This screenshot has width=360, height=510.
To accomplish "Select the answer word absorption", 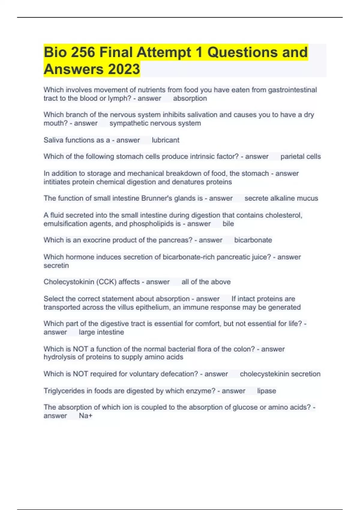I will tap(190, 98).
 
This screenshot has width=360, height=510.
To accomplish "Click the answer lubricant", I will tap(165, 140).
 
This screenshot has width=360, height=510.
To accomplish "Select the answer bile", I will tap(228, 224).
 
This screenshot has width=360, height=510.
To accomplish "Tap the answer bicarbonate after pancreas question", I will tap(253, 240).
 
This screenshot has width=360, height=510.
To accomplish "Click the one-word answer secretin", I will tap(56, 265).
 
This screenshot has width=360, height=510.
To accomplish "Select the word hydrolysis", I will tap(59, 357).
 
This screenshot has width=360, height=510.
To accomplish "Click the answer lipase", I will tap(266, 391).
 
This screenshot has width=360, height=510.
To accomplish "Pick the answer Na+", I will tap(85, 416).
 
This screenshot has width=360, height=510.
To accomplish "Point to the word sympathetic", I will tap(128, 123).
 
